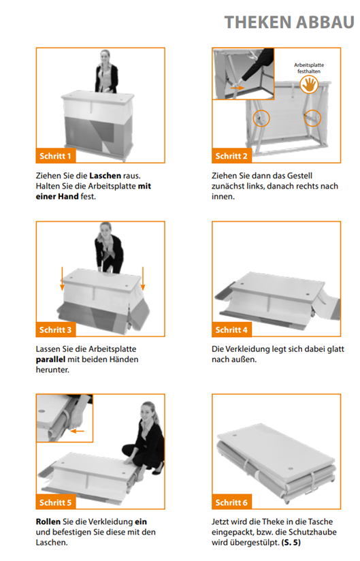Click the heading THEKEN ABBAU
tap(289, 22)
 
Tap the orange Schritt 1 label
tap(55, 156)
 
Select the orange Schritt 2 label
tap(231, 156)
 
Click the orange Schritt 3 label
tap(55, 330)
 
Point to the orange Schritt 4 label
tap(231, 330)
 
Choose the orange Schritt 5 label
tap(55, 502)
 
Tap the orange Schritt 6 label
tap(231, 502)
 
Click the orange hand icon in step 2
tap(309, 85)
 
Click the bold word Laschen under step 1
tap(105, 176)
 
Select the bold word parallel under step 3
tap(50, 359)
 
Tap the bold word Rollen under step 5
tap(48, 522)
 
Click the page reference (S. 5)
tap(291, 543)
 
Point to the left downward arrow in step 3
tap(62, 278)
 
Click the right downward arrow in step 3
tap(143, 278)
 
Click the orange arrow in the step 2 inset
tap(238, 87)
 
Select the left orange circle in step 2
tap(261, 118)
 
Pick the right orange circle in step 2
tap(313, 118)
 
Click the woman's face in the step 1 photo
tap(105, 57)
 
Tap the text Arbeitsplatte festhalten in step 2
tap(309, 68)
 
